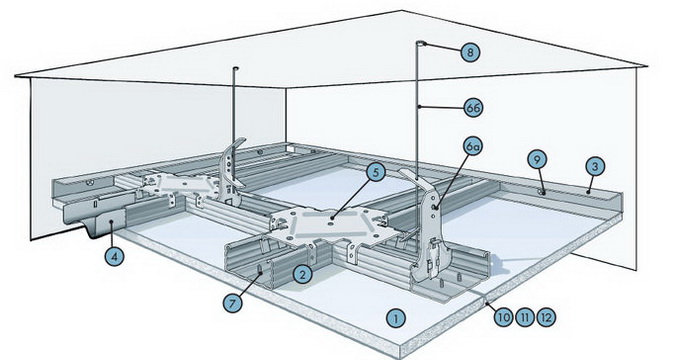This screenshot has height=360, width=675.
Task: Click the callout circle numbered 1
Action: pos(395,318)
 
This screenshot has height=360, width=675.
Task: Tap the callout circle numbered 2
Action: pos(302,274)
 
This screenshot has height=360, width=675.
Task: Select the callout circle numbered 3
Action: pos(595,166)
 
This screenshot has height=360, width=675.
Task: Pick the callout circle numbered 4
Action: pos(114,257)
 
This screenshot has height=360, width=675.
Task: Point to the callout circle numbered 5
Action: pos(376,173)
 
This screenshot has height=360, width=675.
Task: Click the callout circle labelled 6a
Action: pos(473,147)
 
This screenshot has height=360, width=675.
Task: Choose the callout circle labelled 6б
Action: pos(473,108)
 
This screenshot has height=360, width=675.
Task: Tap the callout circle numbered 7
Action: pos(232,303)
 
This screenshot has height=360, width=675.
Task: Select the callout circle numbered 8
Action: pos(470,53)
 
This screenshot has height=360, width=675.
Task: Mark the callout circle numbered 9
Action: pos(537,160)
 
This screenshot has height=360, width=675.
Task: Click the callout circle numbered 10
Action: pos(503,318)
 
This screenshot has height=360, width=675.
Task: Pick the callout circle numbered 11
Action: pos(524,318)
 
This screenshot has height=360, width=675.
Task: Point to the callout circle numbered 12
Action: pos(545,318)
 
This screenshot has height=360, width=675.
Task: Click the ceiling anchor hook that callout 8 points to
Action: pos(421,43)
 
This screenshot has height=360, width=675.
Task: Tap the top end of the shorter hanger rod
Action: pos(235,68)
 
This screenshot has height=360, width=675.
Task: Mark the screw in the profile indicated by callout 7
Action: pos(260,270)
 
